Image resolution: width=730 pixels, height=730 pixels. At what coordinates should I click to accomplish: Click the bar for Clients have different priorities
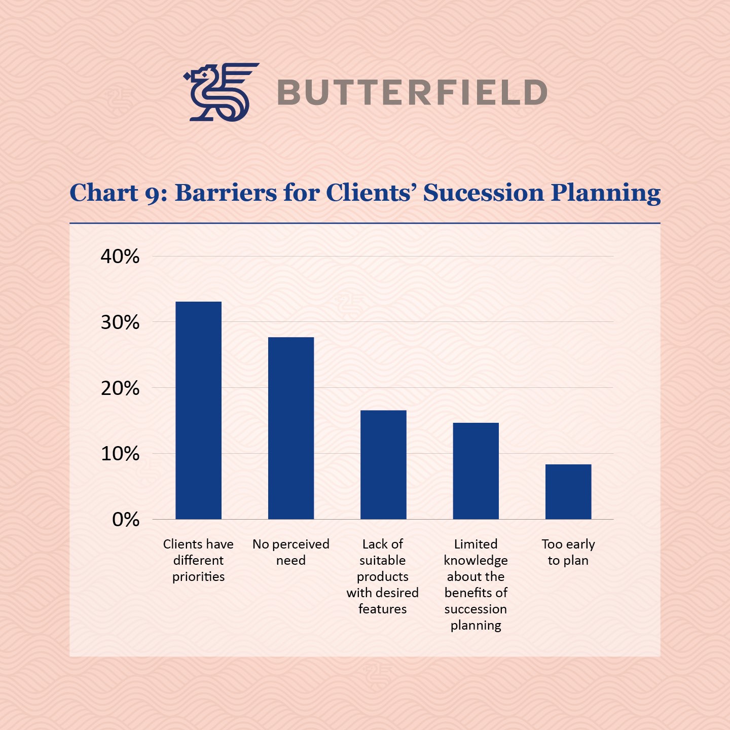pos(198,411)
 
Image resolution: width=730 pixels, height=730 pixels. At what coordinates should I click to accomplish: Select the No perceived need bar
pos(291,428)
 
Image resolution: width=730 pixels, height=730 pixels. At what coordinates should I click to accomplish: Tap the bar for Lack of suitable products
pos(383,465)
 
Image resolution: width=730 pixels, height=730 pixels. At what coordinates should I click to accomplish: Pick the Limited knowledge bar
pos(476,471)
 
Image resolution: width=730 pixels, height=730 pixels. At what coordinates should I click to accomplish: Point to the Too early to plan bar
pos(568,492)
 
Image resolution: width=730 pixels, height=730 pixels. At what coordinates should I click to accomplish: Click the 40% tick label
pos(120,257)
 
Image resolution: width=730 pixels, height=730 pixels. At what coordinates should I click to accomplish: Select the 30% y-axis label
pos(120,322)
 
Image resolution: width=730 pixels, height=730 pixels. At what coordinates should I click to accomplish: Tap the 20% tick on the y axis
pos(120,388)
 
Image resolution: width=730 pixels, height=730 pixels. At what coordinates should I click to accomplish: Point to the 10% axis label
pos(120,454)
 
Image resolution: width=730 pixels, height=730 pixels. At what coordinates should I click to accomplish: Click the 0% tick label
pos(126,520)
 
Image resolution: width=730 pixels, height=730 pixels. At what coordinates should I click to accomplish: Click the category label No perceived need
pos(291,552)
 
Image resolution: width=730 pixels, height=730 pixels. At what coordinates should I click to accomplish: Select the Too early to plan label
pos(568,552)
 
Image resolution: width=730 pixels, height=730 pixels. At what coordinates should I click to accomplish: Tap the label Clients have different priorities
pos(198,560)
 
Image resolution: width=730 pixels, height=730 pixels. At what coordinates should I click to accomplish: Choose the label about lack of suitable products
pos(383,576)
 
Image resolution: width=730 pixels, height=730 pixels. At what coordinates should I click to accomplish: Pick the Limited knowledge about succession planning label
pos(476,585)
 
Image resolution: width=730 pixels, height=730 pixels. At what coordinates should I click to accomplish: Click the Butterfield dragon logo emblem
pos(221,92)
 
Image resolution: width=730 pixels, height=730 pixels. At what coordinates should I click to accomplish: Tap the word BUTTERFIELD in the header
pos(412,93)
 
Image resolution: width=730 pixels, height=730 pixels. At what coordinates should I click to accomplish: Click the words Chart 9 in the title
pos(118,193)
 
